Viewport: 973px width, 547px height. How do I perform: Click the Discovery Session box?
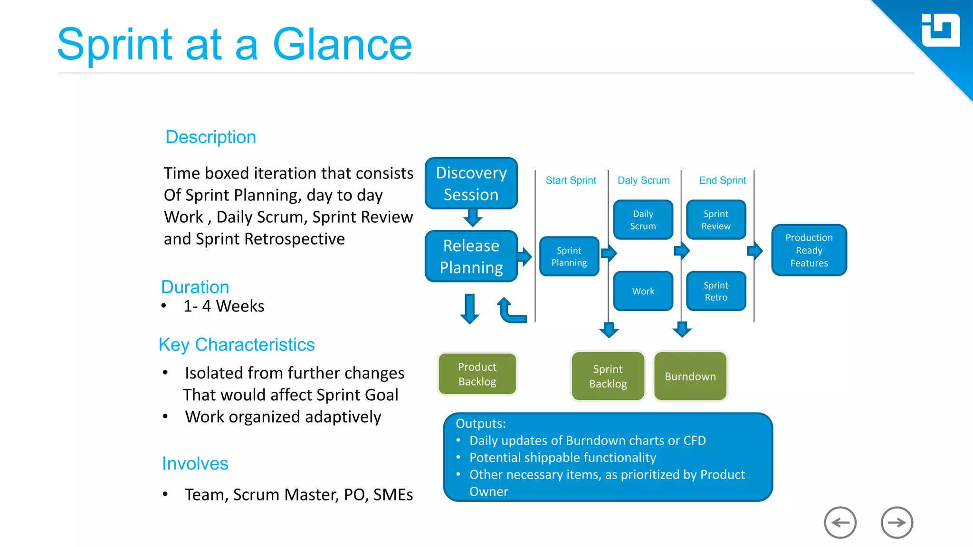471,183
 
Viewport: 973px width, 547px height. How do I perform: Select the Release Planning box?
471,256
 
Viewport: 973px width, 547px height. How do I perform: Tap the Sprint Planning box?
569,256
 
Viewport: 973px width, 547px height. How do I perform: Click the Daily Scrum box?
643,220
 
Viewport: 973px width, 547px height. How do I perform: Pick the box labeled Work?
643,291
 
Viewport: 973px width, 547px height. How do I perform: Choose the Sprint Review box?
716,220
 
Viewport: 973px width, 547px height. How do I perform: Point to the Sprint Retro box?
716,291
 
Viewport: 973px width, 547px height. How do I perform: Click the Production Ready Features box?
809,250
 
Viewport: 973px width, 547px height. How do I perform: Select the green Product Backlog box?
477,374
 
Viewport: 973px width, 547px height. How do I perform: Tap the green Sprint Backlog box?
608,376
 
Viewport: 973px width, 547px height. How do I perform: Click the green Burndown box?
690,376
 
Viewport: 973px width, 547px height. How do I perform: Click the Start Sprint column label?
571,180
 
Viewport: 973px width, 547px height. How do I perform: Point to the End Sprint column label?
722,180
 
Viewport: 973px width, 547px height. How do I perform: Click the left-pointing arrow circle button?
840,523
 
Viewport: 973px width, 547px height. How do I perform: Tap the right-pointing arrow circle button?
897,523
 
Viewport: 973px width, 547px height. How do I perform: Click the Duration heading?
195,287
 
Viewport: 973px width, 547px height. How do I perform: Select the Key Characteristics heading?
237,345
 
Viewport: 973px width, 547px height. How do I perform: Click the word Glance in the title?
342,45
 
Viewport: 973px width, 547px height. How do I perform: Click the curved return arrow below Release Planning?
510,311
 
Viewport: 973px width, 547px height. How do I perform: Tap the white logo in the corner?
940,30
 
